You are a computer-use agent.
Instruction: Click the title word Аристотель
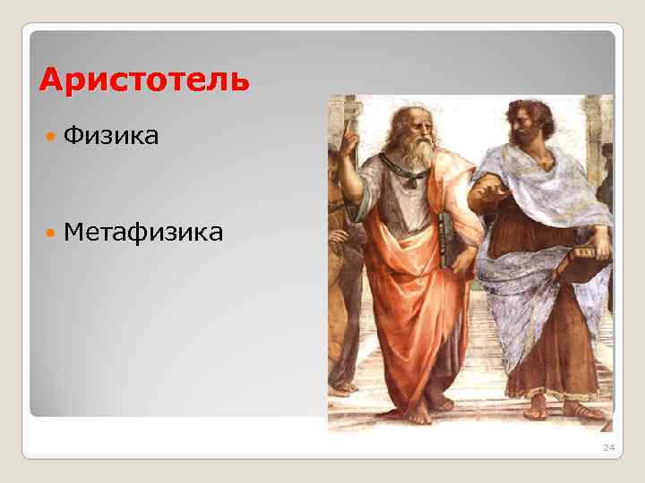144,80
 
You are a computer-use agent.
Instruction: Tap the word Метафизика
144,233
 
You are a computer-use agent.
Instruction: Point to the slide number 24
608,447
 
